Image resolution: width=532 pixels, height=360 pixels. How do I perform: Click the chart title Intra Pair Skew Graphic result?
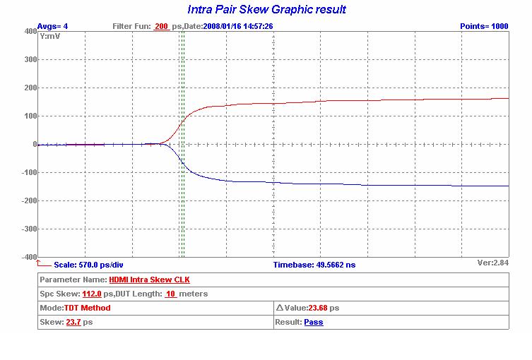(266, 10)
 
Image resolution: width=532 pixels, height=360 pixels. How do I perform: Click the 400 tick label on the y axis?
(29, 31)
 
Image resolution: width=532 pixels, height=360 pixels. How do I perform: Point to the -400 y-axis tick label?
(27, 257)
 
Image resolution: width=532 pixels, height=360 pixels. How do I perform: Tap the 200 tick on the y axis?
(29, 88)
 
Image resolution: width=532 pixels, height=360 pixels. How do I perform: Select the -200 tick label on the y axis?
(27, 200)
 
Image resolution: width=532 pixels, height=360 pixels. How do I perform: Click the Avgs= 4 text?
(52, 26)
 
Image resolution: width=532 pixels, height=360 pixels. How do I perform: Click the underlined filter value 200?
(161, 26)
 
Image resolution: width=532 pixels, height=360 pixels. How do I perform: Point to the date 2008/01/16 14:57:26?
(238, 26)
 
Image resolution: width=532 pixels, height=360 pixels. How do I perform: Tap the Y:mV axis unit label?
(49, 35)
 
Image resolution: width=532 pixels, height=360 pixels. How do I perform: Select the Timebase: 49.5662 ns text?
(314, 265)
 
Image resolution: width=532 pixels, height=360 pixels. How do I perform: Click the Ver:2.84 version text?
(493, 262)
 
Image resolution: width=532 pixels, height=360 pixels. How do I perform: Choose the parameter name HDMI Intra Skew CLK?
(149, 280)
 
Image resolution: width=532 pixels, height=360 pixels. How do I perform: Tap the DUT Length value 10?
(170, 294)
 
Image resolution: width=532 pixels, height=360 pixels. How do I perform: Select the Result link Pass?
(314, 322)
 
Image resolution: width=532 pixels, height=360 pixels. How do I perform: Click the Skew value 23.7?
(73, 322)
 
